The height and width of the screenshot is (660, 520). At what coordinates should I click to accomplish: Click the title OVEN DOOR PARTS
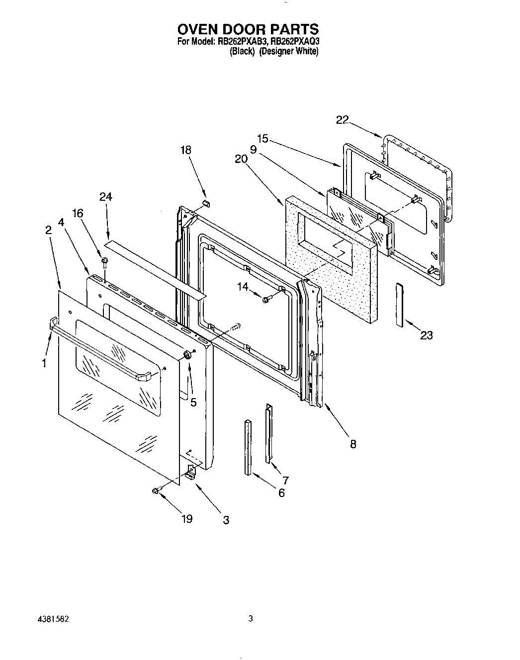click(x=248, y=29)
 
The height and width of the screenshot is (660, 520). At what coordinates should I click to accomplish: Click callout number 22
click(x=342, y=120)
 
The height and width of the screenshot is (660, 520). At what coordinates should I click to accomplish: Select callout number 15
click(x=262, y=139)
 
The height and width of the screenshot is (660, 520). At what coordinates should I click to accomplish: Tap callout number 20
click(x=241, y=159)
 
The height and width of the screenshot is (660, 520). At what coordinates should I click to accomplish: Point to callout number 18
click(x=186, y=150)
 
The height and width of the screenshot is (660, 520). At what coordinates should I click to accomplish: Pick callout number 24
click(x=105, y=197)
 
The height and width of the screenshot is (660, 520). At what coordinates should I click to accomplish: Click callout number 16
click(x=77, y=213)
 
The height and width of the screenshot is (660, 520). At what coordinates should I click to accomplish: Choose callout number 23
click(x=426, y=335)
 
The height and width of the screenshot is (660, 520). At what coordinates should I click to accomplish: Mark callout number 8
click(x=353, y=444)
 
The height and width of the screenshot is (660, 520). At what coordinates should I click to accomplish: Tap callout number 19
click(x=187, y=519)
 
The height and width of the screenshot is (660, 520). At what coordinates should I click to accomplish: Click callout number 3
click(x=226, y=520)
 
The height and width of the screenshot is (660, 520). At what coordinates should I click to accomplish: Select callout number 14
click(x=242, y=286)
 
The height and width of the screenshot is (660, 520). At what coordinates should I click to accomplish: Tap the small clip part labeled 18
click(x=207, y=203)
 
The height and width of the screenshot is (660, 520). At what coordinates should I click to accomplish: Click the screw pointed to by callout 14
click(x=265, y=299)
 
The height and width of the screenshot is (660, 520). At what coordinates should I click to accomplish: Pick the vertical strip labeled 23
click(x=400, y=305)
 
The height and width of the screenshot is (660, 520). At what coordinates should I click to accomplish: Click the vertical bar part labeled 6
click(x=248, y=447)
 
